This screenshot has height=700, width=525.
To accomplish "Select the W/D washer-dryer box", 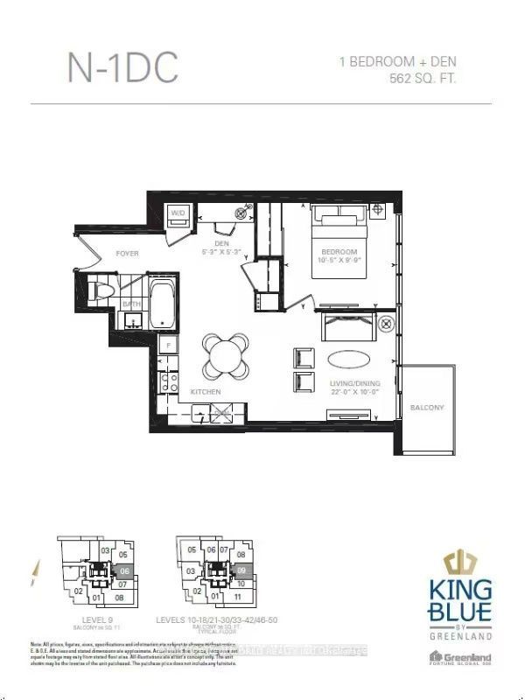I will pyautogui.click(x=178, y=213).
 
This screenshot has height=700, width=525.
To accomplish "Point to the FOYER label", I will pyautogui.click(x=128, y=254).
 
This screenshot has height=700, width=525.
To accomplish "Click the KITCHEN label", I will pyautogui.click(x=206, y=391).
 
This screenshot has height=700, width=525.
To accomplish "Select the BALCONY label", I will pyautogui.click(x=427, y=408).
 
